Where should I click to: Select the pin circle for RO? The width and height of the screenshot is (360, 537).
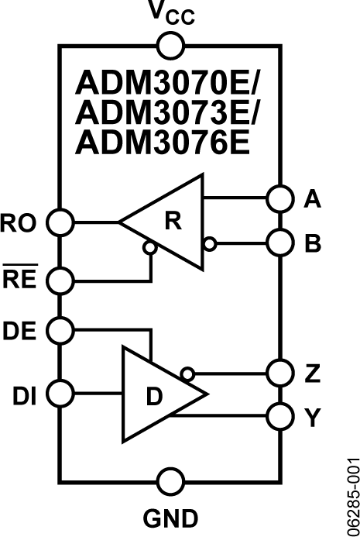click(x=60, y=222)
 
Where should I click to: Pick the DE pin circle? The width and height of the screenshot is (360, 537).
click(x=60, y=331)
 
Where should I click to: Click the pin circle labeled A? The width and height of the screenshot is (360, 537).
click(x=279, y=198)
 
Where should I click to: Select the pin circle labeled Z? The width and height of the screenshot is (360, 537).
click(x=279, y=373)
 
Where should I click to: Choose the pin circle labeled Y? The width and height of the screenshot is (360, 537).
click(x=279, y=417)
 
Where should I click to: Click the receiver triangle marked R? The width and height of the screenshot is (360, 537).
click(x=172, y=222)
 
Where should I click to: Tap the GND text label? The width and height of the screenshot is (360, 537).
click(x=170, y=517)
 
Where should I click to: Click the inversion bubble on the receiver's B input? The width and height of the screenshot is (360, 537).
click(x=210, y=244)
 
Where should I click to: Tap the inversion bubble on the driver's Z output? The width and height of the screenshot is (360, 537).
click(x=186, y=373)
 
